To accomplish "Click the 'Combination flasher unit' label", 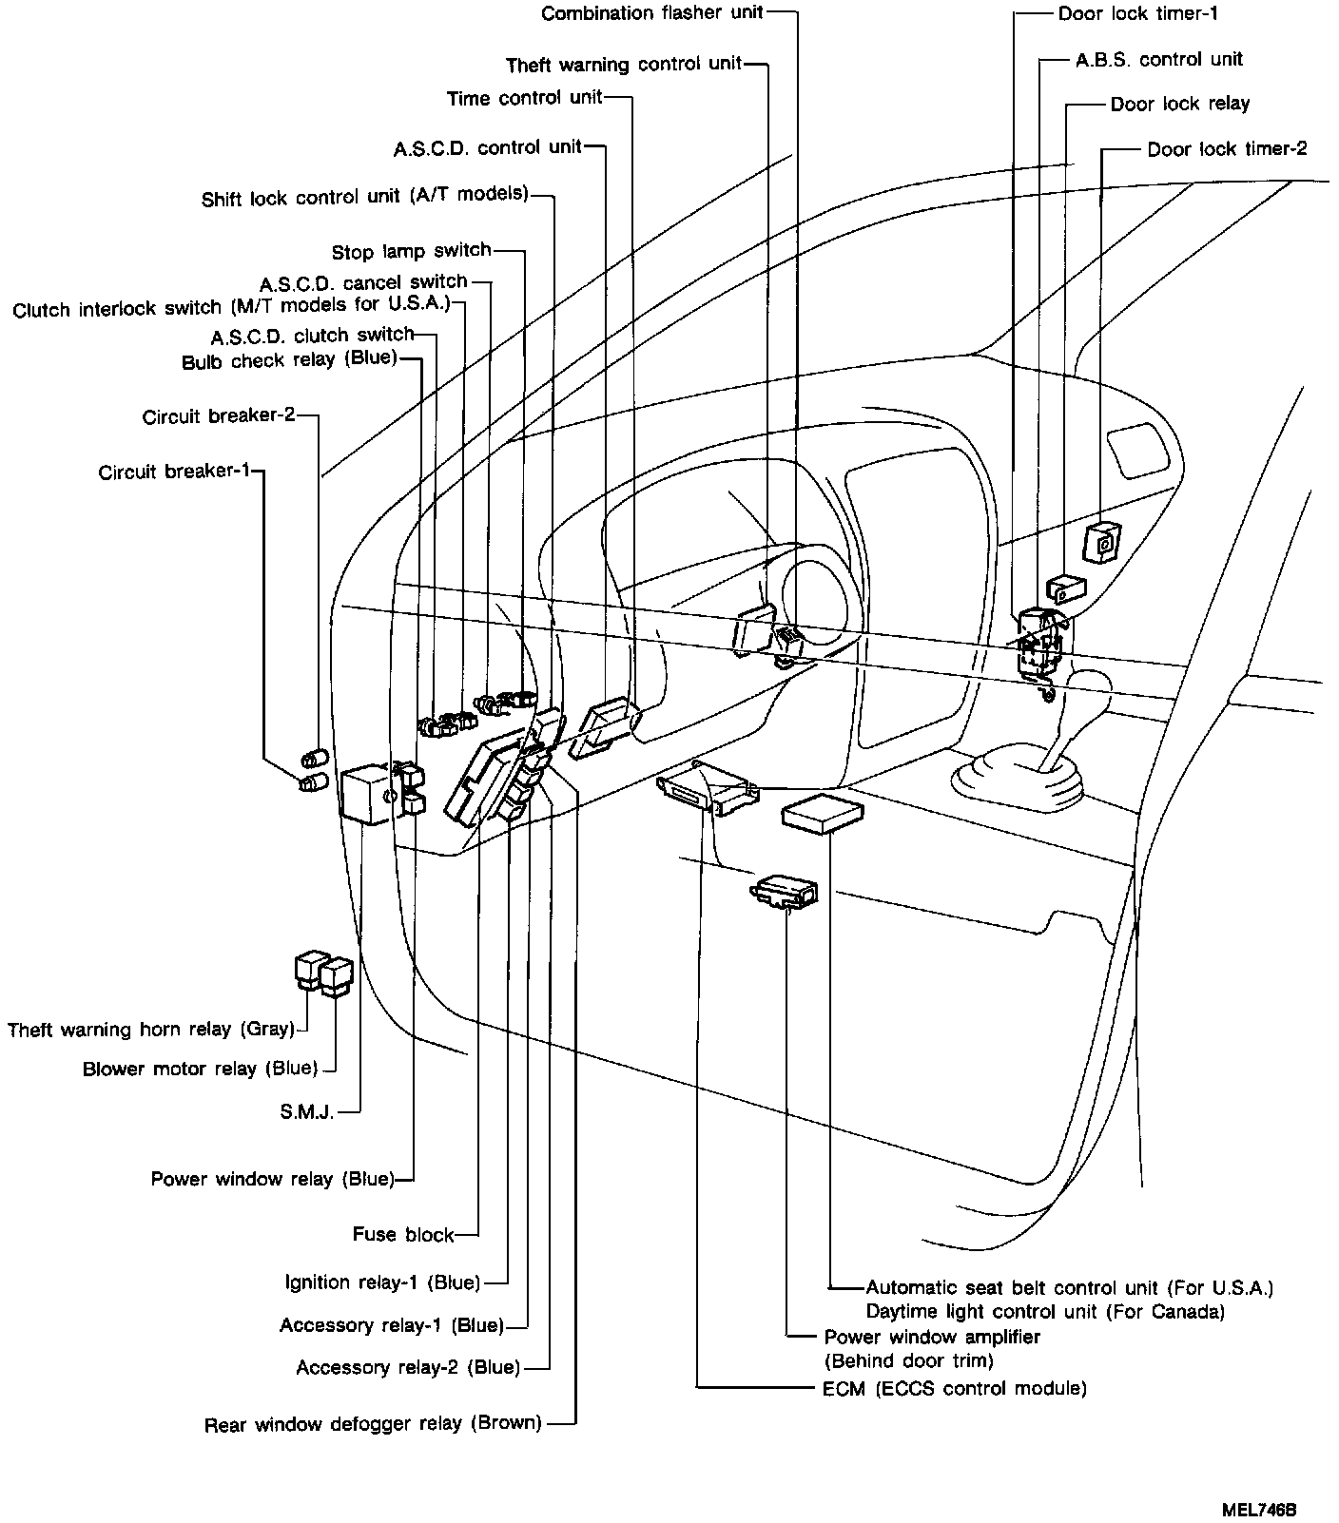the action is coord(653,13).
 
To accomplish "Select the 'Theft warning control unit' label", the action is coord(624,65).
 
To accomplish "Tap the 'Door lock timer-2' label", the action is coord(1227,149).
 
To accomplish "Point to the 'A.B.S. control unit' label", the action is coord(1159,59).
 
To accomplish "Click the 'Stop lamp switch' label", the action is coord(412,252).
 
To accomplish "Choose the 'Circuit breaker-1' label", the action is coord(175,472).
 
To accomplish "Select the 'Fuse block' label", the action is coord(403,1235).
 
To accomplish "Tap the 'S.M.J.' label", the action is coord(307,1111).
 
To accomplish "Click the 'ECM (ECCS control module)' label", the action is coord(954,1388).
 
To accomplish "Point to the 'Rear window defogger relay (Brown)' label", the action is coord(373,1424).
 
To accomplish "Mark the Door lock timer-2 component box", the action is coord(1101,542).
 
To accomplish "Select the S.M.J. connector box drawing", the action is coord(367,793).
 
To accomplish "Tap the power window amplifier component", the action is coord(784,892).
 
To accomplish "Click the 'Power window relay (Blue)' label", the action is coord(272,1180).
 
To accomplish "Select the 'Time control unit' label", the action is coord(525,98).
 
